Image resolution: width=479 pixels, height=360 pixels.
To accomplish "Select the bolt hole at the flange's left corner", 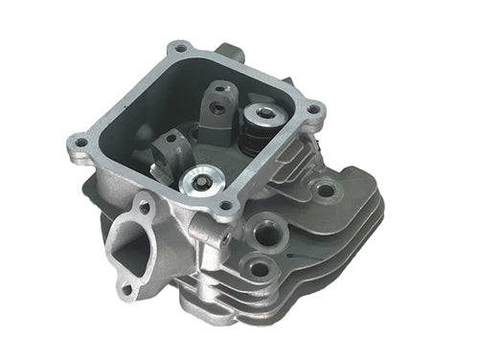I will (80, 143).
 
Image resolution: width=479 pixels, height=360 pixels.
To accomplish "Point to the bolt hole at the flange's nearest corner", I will (225, 204).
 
